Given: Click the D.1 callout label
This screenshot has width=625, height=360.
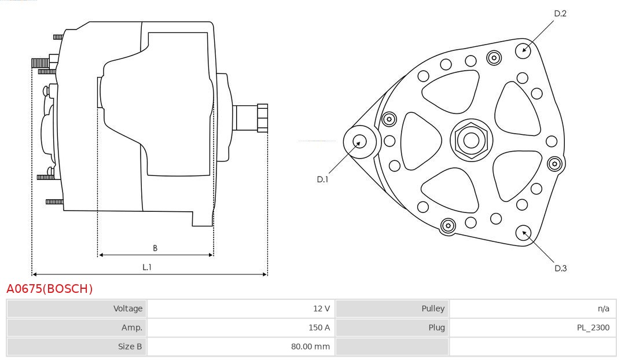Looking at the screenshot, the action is [322, 179].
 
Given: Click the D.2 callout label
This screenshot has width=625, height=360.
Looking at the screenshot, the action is [560, 13].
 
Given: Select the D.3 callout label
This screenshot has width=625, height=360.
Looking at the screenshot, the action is [560, 269].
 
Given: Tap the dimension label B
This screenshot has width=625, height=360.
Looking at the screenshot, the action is [155, 248].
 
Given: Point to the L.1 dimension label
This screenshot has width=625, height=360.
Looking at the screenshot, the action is [147, 267].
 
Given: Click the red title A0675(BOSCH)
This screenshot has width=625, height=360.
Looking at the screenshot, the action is [49, 289].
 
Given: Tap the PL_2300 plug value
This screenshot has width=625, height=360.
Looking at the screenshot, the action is [593, 328].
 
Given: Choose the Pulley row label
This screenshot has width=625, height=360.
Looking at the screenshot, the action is [433, 308].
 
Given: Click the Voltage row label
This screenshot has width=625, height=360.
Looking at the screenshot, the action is [127, 308].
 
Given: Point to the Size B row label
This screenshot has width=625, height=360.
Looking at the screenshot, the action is [130, 347].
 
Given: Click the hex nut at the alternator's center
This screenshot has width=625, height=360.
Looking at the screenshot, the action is [472, 140].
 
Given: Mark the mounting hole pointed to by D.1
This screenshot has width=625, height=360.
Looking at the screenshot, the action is [360, 142].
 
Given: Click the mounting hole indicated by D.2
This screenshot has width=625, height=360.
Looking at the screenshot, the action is [523, 50].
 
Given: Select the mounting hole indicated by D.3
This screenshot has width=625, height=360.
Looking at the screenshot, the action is [523, 233].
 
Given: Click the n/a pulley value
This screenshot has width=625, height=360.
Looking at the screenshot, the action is [604, 308].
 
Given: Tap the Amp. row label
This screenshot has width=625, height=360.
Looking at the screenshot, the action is [132, 328].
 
